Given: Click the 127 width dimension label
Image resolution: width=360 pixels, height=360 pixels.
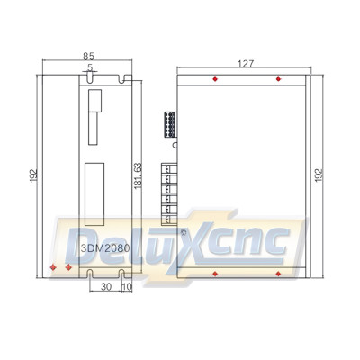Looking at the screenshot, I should pos(246,64).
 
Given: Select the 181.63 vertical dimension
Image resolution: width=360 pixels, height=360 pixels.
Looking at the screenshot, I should pos(138,174).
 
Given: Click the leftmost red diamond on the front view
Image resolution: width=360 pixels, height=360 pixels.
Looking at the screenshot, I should pos(53,267).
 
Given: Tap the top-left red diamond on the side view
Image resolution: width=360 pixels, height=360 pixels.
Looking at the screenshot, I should pos(214,79).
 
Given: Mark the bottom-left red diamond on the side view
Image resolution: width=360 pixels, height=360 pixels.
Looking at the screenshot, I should pos(214,270).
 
